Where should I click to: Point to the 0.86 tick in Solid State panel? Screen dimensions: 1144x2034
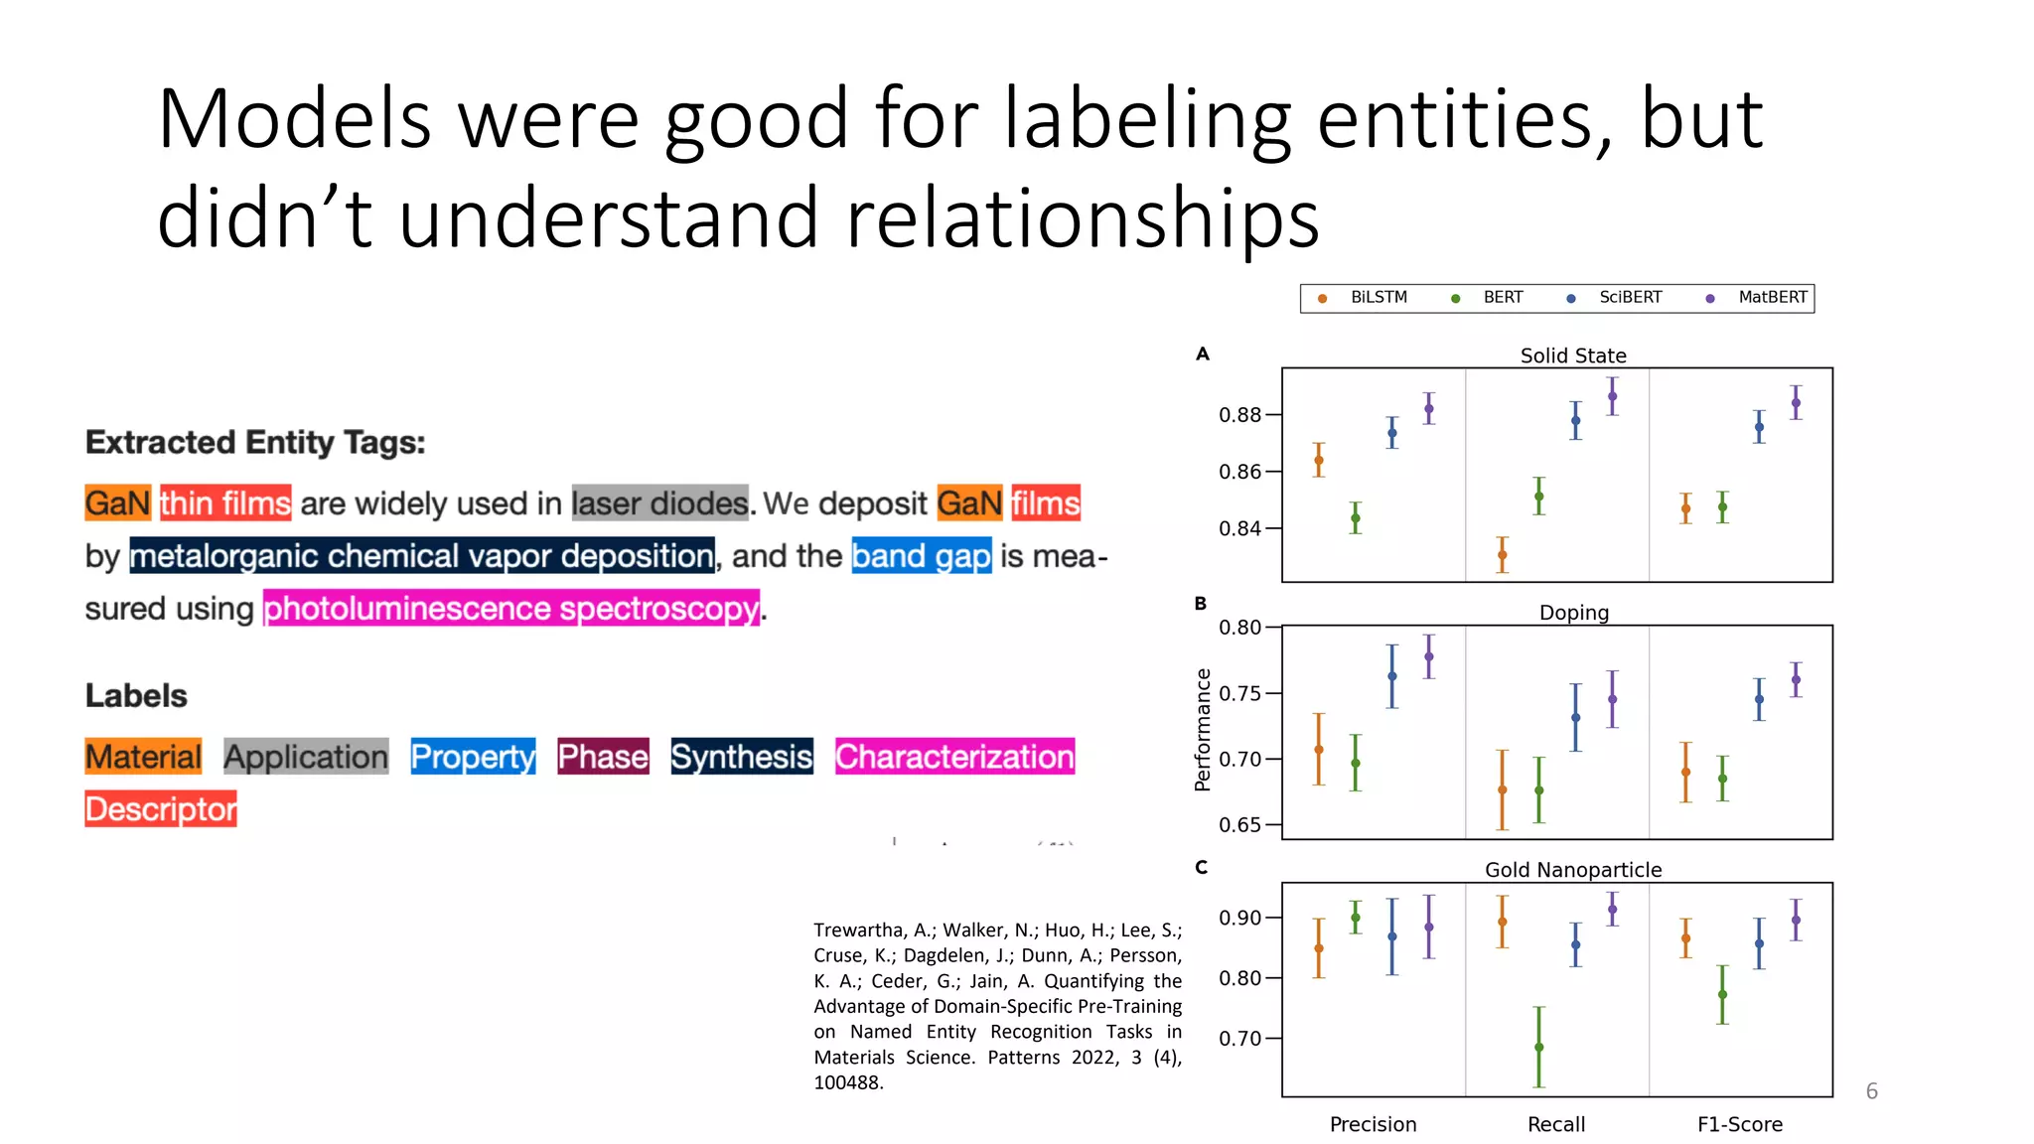tap(1239, 472)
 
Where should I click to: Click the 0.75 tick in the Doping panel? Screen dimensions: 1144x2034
tap(1239, 693)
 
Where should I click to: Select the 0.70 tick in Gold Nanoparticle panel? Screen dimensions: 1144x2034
tap(1239, 1039)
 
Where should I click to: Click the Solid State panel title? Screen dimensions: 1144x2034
tap(1573, 356)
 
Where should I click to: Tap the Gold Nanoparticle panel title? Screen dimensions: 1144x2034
tap(1573, 870)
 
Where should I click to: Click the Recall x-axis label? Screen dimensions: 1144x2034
tap(1556, 1124)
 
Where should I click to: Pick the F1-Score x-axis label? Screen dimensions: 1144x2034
tap(1740, 1124)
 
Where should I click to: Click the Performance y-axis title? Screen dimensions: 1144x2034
tap(1203, 730)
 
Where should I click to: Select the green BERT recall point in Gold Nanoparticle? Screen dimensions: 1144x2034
tap(1538, 1047)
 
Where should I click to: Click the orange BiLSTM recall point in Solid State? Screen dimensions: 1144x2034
tap(1503, 555)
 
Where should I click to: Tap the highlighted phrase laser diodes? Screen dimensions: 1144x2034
tap(659, 503)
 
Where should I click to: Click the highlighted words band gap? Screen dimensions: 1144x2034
tap(922, 556)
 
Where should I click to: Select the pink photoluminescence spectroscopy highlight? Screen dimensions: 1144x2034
tap(511, 609)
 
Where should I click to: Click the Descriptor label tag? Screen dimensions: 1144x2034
tap(161, 809)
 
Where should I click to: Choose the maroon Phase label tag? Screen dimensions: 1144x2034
tap(603, 757)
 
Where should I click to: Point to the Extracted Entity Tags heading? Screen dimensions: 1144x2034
tap(255, 442)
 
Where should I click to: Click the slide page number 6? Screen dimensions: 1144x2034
tap(1871, 1091)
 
